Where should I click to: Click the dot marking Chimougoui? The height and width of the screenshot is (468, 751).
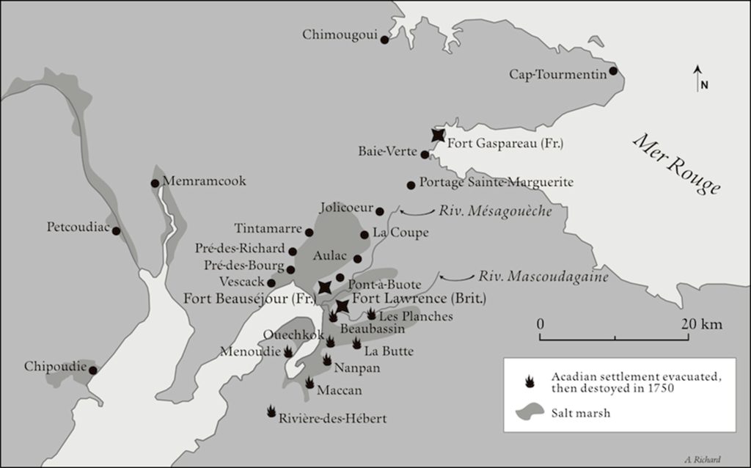(384, 40)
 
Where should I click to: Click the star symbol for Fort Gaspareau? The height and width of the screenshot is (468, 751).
(438, 135)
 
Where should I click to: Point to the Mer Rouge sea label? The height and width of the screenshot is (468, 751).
(676, 164)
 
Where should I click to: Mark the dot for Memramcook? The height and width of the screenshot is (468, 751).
(155, 183)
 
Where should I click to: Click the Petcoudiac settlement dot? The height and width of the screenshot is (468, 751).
(116, 231)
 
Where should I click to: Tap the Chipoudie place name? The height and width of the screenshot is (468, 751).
(55, 365)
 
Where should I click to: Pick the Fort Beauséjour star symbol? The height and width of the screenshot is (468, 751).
(325, 287)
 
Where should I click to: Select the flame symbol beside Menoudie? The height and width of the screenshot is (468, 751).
(288, 351)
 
